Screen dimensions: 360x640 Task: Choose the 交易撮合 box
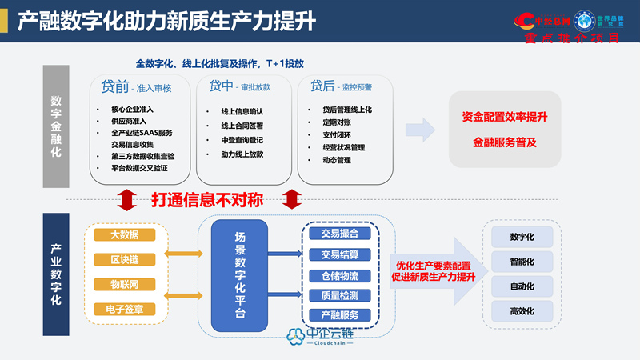(339, 234)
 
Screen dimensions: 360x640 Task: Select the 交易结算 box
(339, 254)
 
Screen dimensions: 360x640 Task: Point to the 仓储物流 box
(339, 275)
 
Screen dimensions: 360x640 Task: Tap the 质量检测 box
(339, 295)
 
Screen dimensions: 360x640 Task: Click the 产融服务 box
(339, 315)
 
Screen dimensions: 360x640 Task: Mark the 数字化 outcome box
(522, 237)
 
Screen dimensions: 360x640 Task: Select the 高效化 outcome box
(522, 310)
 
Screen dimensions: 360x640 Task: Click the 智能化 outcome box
(522, 262)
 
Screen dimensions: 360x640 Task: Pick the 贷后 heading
(322, 85)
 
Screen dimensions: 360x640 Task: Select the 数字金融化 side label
(56, 128)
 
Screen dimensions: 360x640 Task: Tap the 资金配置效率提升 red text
(504, 118)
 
